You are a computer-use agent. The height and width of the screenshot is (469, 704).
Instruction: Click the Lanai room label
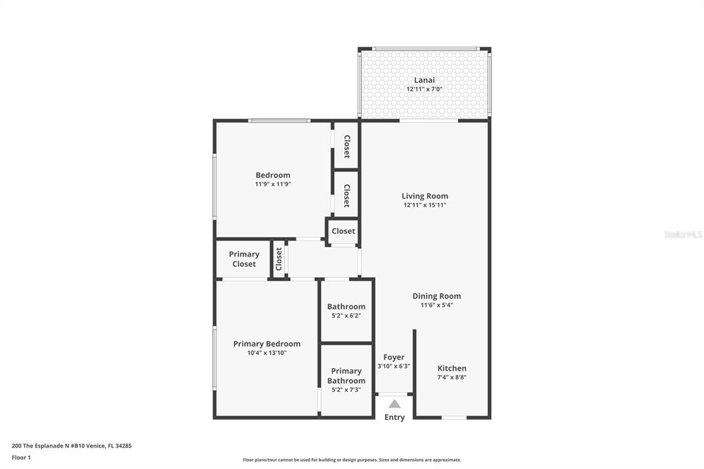click(424, 80)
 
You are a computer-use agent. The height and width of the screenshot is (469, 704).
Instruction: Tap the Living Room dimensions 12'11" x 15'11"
click(425, 206)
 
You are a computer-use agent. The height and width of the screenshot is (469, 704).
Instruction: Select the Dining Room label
click(437, 296)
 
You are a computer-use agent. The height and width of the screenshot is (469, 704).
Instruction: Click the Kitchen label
click(452, 369)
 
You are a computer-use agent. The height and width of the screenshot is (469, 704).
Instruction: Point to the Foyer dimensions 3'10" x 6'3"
click(394, 366)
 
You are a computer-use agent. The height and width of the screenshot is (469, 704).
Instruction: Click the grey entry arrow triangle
click(394, 404)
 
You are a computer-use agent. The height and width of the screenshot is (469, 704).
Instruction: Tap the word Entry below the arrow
click(394, 417)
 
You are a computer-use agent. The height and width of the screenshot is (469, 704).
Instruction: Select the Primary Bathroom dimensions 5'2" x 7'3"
click(346, 390)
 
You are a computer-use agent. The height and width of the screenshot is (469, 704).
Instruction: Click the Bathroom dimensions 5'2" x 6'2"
click(346, 316)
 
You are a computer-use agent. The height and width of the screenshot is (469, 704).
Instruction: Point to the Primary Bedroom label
click(267, 344)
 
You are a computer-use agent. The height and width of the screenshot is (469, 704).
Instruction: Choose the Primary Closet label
click(244, 259)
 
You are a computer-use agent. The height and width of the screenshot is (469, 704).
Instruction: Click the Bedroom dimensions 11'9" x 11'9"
click(273, 184)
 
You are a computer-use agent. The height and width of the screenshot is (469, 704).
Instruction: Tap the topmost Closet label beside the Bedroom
click(346, 146)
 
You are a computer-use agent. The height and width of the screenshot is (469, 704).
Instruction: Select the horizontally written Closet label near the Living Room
click(344, 231)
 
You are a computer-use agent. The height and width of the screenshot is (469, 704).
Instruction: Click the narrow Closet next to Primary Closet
click(278, 259)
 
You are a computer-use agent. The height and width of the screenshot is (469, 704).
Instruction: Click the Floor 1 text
click(21, 458)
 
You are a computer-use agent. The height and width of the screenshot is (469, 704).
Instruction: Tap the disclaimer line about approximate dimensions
click(352, 460)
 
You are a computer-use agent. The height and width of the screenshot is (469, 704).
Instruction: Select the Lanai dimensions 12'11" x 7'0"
click(424, 89)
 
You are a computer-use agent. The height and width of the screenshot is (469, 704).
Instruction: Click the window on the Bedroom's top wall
click(279, 120)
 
